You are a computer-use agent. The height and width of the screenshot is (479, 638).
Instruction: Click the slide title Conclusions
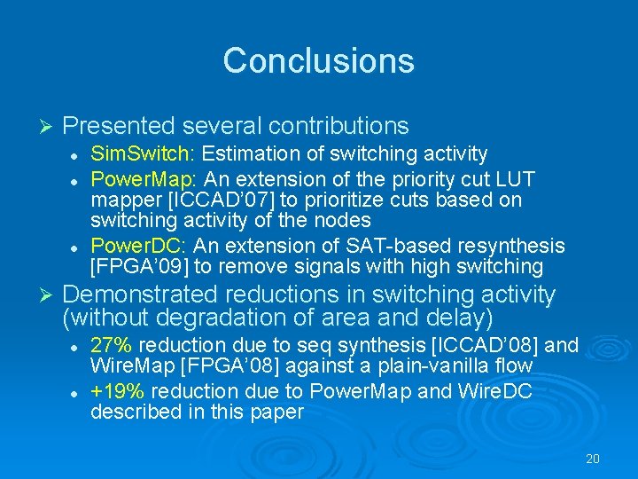point(318,60)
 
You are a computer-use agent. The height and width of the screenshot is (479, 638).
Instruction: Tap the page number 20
point(593,459)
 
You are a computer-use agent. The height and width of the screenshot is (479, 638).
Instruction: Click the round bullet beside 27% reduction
point(77,345)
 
